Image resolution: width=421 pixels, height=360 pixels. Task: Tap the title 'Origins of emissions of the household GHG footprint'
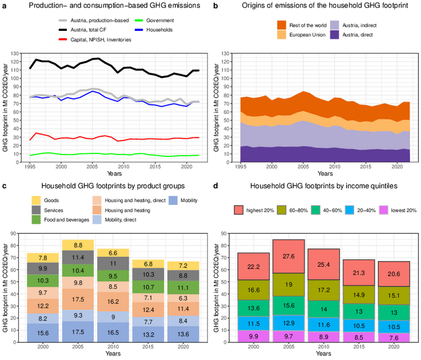pos(320,6)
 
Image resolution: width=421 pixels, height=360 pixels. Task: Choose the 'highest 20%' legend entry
pos(251,211)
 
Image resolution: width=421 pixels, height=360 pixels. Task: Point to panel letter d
pos(215,186)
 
